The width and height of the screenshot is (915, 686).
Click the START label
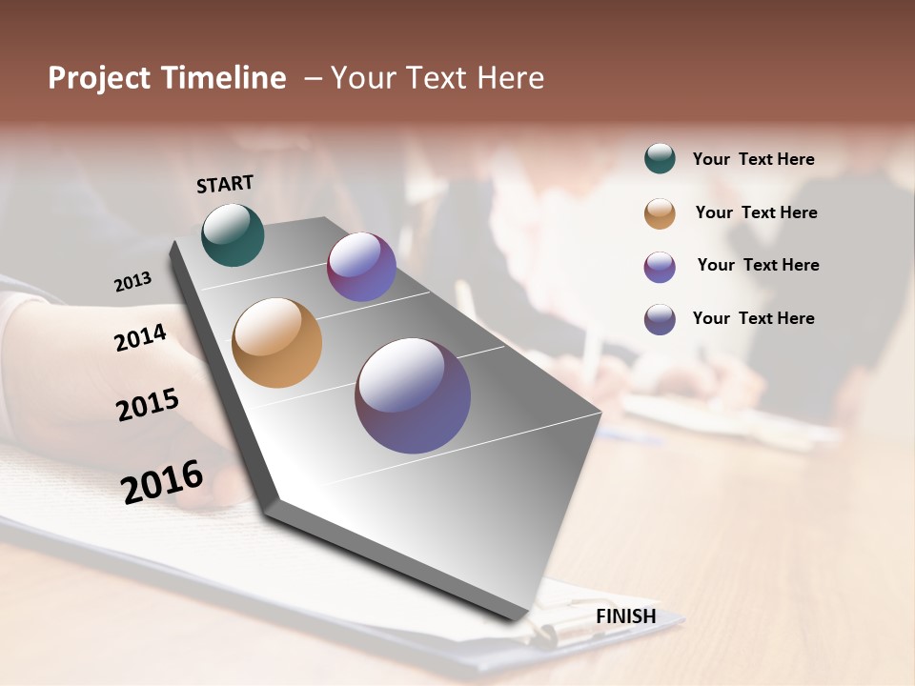(225, 184)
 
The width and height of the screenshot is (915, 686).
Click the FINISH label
(625, 616)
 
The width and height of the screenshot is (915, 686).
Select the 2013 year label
(132, 282)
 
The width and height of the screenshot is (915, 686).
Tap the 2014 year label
(140, 337)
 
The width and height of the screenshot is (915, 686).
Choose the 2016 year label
(162, 482)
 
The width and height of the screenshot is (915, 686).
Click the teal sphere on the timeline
(233, 235)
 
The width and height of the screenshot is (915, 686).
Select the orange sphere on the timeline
(276, 343)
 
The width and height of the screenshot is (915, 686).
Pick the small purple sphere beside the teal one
(361, 267)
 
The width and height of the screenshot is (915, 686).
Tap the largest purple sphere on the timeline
(413, 395)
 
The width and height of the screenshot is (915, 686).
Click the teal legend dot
(660, 159)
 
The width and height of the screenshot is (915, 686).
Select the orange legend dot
(660, 213)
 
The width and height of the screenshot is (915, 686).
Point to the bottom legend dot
(660, 319)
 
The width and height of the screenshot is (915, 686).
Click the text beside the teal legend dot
(753, 159)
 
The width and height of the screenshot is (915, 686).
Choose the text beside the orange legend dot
(756, 212)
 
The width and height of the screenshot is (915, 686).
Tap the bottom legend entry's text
(753, 318)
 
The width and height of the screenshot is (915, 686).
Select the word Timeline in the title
(224, 78)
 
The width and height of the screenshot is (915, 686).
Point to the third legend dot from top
(660, 267)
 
